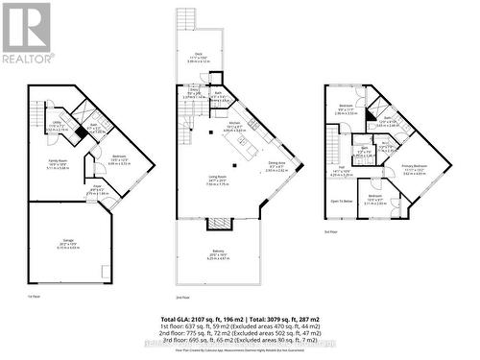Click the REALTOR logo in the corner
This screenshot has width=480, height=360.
pos(27,34)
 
